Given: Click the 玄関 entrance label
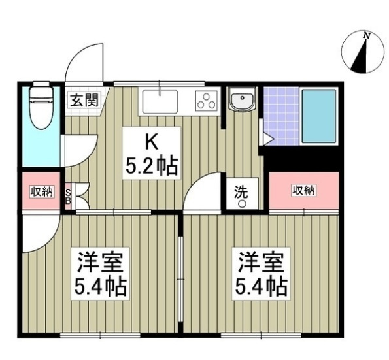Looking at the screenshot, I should coord(84,101).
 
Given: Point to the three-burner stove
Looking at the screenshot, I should coord(207,101).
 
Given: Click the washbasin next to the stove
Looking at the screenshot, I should coord(243,102).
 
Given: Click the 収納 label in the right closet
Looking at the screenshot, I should coord(303,190).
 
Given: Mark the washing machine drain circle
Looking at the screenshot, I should coord(241,204).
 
